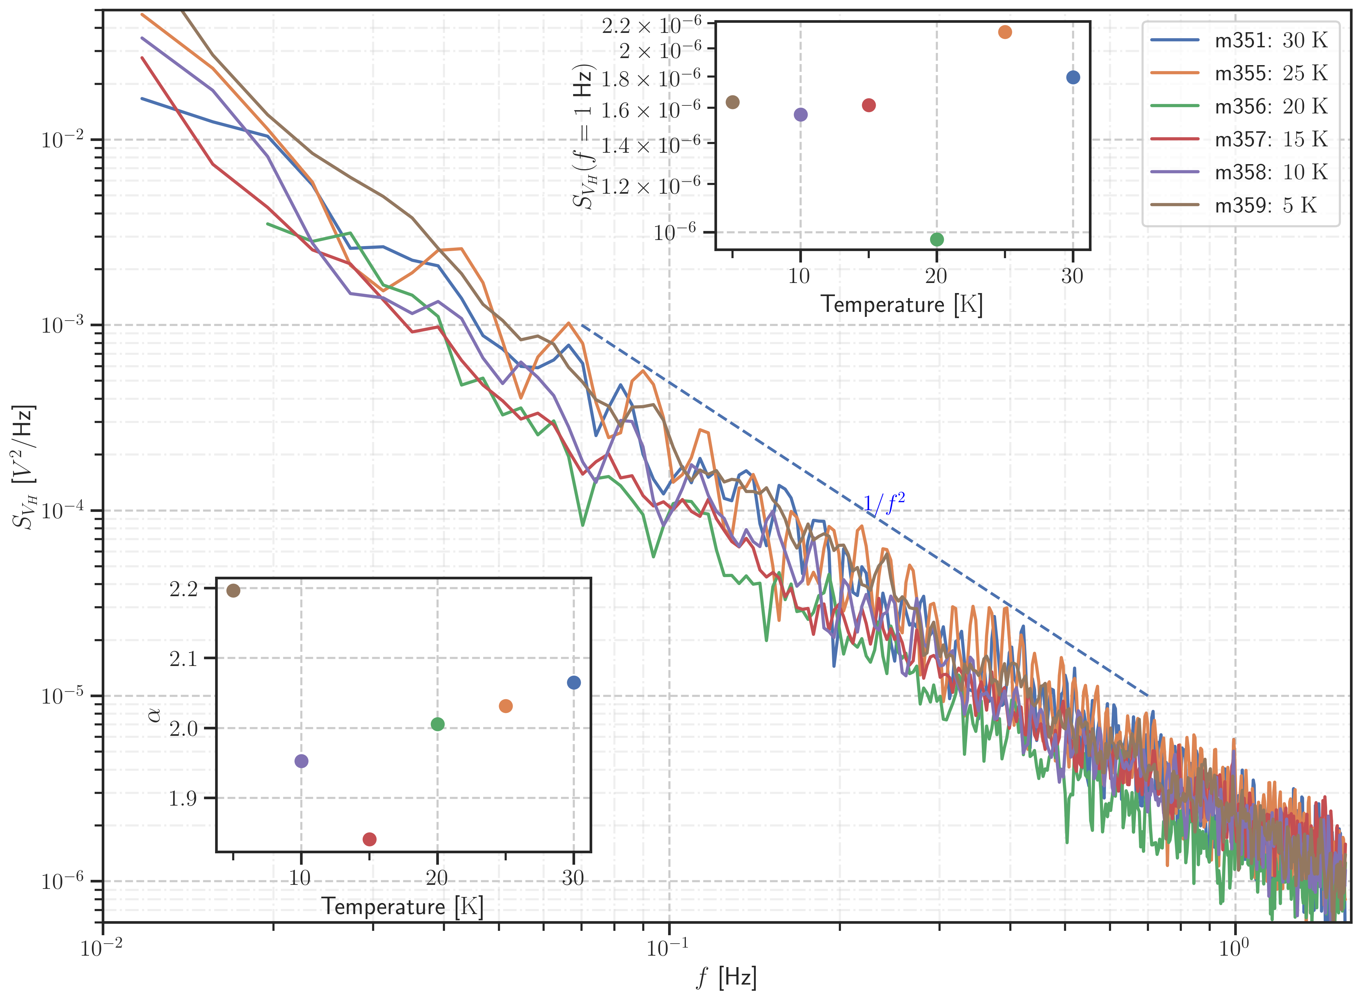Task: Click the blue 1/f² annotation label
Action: click(x=884, y=504)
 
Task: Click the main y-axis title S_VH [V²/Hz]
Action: click(x=26, y=467)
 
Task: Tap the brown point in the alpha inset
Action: click(x=233, y=591)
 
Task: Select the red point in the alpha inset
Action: click(x=369, y=839)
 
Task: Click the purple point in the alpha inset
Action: click(x=301, y=761)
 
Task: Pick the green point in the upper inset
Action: click(x=937, y=239)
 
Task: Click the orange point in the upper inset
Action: click(x=1005, y=32)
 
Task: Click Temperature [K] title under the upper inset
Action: click(x=901, y=304)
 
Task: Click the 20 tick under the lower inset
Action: click(x=437, y=878)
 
